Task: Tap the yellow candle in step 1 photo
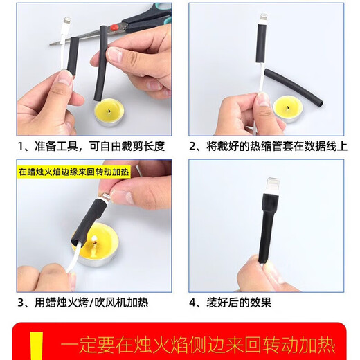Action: tap(107, 110)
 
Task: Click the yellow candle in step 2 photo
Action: tap(287, 107)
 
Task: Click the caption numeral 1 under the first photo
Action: tap(22, 147)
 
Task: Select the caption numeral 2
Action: tap(194, 147)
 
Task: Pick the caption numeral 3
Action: tap(22, 303)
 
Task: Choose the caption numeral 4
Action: tap(194, 303)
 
